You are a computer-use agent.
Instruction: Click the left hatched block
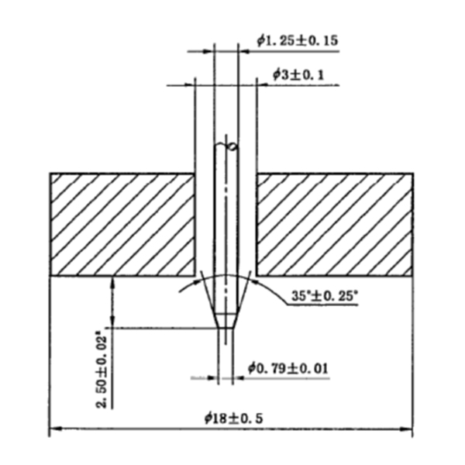(x=122, y=224)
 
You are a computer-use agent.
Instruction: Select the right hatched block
(x=334, y=224)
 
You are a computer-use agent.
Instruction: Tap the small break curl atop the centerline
(x=229, y=146)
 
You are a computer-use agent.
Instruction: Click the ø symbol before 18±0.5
(x=208, y=418)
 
